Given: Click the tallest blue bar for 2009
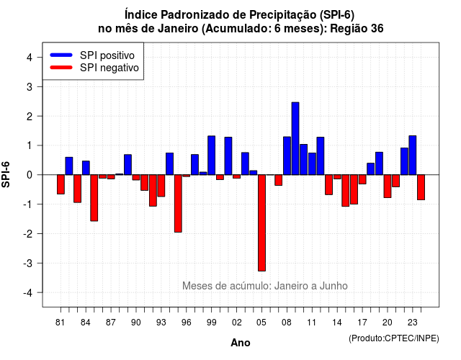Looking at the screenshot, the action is [295, 138].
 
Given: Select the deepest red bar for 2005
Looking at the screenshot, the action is [261, 222].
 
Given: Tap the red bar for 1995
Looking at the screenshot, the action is [178, 203].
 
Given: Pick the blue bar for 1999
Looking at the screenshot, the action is [211, 156].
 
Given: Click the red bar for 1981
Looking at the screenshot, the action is [61, 184].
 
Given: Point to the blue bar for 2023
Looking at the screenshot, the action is [413, 156].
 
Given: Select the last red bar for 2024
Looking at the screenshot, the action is [421, 187].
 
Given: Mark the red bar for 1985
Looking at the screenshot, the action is [94, 198].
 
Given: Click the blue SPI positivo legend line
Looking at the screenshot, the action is [61, 55].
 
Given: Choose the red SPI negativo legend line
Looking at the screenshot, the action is [61, 67].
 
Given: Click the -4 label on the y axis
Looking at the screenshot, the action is [28, 292].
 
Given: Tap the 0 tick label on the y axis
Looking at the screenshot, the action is [30, 175].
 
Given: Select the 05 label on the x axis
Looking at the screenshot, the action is [261, 323].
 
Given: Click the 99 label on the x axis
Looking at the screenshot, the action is [211, 323].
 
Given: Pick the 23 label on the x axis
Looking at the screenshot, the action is [413, 323].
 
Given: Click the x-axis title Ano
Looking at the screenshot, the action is [241, 343].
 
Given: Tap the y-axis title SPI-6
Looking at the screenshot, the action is [6, 174].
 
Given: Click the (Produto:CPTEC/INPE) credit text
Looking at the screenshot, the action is [394, 338].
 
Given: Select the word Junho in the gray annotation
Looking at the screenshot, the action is [334, 286].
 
